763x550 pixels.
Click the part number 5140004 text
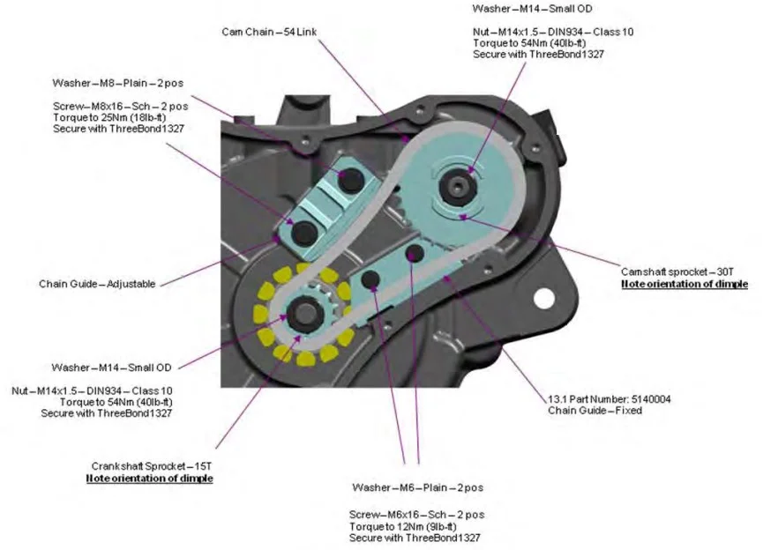click(x=610, y=398)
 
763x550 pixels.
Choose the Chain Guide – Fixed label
click(x=595, y=411)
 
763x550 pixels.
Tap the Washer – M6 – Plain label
click(x=416, y=487)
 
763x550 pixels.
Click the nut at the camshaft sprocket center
click(x=459, y=185)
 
